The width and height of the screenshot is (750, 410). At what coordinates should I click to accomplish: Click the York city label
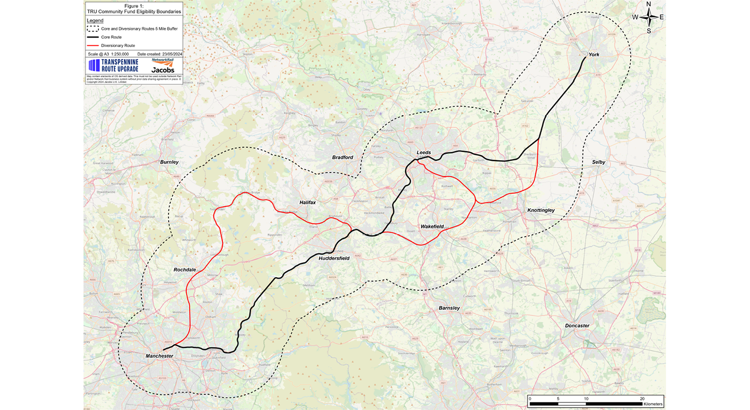coord(593,55)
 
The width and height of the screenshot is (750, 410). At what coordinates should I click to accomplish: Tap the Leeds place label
coord(424,153)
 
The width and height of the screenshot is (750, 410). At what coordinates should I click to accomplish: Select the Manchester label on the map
coord(159,356)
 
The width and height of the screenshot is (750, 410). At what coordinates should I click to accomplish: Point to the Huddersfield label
coord(334,258)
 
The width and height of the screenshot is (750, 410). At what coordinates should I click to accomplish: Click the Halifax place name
coord(308,202)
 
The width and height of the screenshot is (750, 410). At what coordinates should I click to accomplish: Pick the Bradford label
coord(342,157)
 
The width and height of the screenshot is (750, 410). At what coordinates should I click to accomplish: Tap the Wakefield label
coord(432,227)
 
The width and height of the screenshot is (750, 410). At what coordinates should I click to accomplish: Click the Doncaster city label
coord(577,326)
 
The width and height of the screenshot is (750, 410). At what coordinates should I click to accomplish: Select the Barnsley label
coord(449,308)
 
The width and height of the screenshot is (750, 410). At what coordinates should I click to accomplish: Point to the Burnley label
coord(169,162)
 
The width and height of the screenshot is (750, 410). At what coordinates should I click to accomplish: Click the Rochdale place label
coord(184,270)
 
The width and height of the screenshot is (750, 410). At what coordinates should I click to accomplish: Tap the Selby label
coord(599,162)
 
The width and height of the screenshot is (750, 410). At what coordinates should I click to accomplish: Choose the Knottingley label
coord(541,210)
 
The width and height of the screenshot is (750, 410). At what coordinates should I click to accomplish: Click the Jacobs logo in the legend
coord(163,70)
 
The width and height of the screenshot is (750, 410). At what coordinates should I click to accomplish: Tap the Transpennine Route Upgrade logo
coord(114,66)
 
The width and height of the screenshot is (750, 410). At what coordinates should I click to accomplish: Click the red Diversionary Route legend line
coord(92,46)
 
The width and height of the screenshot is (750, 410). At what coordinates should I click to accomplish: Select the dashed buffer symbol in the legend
coord(92,29)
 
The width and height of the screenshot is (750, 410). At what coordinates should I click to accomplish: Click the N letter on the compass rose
coord(649,4)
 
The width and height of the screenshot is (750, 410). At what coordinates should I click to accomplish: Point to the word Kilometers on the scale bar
coord(653,404)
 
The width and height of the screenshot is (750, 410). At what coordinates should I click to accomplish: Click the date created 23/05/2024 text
coord(159,54)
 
